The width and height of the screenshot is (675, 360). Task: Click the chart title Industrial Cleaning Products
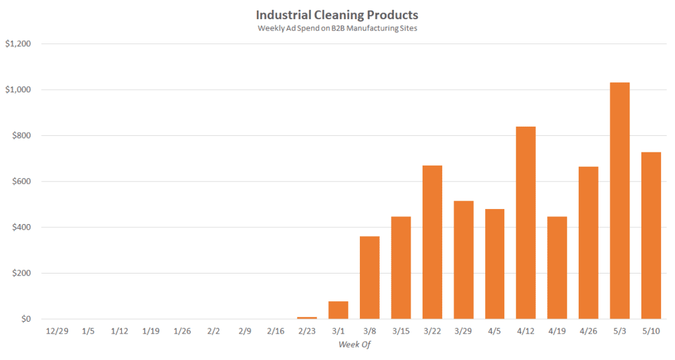tap(337, 15)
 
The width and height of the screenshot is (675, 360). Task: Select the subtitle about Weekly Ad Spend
tap(337, 28)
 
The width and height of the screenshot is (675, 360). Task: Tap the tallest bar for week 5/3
tap(620, 200)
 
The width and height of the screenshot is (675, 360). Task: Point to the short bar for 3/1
tap(338, 311)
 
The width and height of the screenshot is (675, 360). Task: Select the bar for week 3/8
tap(369, 278)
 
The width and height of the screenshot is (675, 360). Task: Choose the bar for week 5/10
tap(651, 235)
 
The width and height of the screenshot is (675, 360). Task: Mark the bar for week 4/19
tap(557, 268)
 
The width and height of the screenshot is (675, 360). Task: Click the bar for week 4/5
tap(494, 264)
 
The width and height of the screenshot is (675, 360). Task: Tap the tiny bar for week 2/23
tap(307, 318)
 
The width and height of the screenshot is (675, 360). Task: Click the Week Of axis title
tap(353, 344)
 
